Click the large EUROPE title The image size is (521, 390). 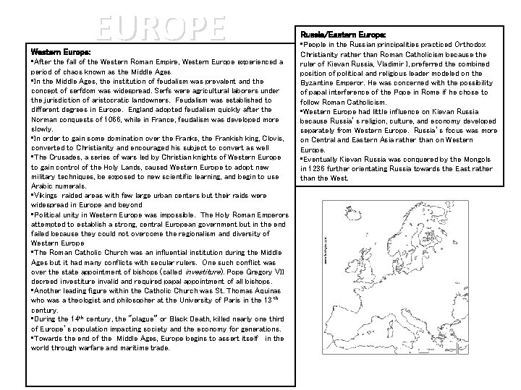click(160, 27)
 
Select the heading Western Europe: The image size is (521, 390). click(60, 53)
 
